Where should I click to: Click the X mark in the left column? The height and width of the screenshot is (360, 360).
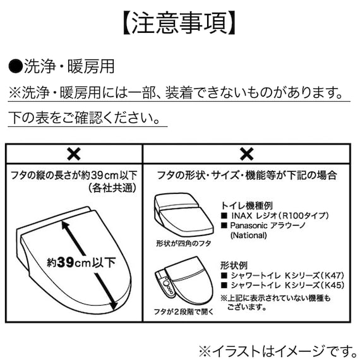(x=74, y=153)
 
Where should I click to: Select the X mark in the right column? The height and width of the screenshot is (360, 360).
(x=247, y=153)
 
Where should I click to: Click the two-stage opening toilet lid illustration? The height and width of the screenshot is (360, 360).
(x=186, y=282)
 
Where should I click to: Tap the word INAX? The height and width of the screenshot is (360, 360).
(x=242, y=215)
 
